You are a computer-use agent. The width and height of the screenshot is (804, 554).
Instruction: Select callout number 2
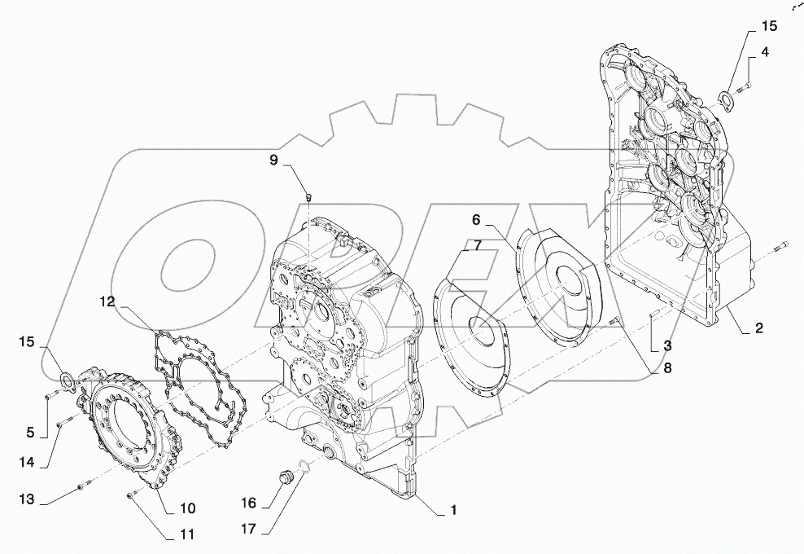coord(758,329)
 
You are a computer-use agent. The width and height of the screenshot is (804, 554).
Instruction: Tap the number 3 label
coord(666,345)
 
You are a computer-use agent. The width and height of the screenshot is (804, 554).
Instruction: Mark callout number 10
coord(187,508)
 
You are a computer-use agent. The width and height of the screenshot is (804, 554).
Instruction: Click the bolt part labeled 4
coord(745,86)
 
